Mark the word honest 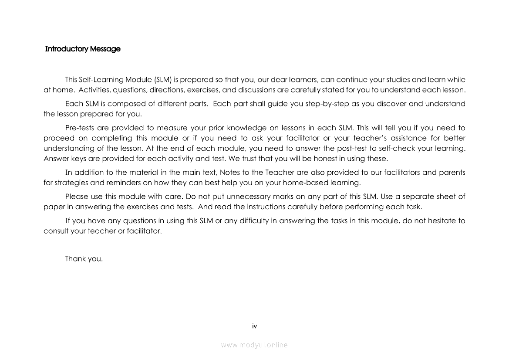click(x=323, y=158)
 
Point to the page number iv click(x=255, y=326)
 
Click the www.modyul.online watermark click(x=254, y=345)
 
